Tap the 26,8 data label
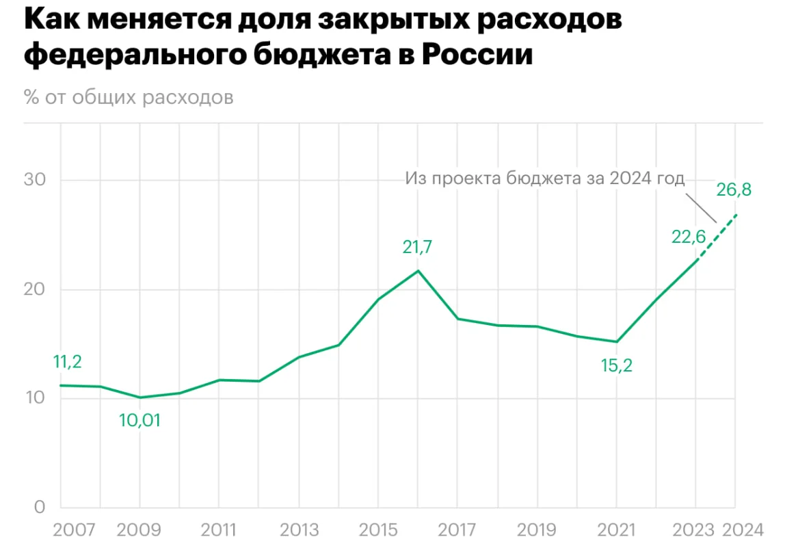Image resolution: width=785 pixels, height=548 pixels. click(734, 190)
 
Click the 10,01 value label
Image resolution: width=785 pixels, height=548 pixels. click(139, 420)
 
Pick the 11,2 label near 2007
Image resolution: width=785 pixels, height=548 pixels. click(67, 362)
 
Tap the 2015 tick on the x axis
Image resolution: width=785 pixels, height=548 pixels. click(378, 530)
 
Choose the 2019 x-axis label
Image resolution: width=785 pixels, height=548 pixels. click(537, 530)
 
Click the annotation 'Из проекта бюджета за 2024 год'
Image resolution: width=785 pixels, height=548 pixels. click(544, 179)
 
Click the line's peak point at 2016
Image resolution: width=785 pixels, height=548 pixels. click(418, 270)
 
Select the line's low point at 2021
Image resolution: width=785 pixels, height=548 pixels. click(616, 342)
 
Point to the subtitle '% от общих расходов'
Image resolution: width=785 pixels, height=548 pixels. click(129, 96)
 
